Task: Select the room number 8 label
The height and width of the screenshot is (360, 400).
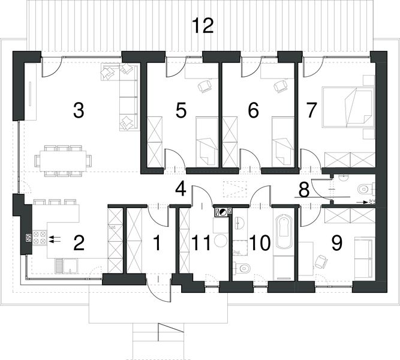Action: coord(304,190)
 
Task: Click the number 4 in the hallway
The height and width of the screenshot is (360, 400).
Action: coord(181,189)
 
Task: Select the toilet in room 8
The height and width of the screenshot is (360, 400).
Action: coord(363,190)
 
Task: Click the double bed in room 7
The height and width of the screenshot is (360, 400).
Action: coord(347,107)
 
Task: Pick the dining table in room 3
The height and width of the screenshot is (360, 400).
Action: coord(63,160)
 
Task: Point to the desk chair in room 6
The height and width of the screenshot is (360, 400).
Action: coord(280,86)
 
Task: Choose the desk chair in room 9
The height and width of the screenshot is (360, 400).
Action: coord(321,262)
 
